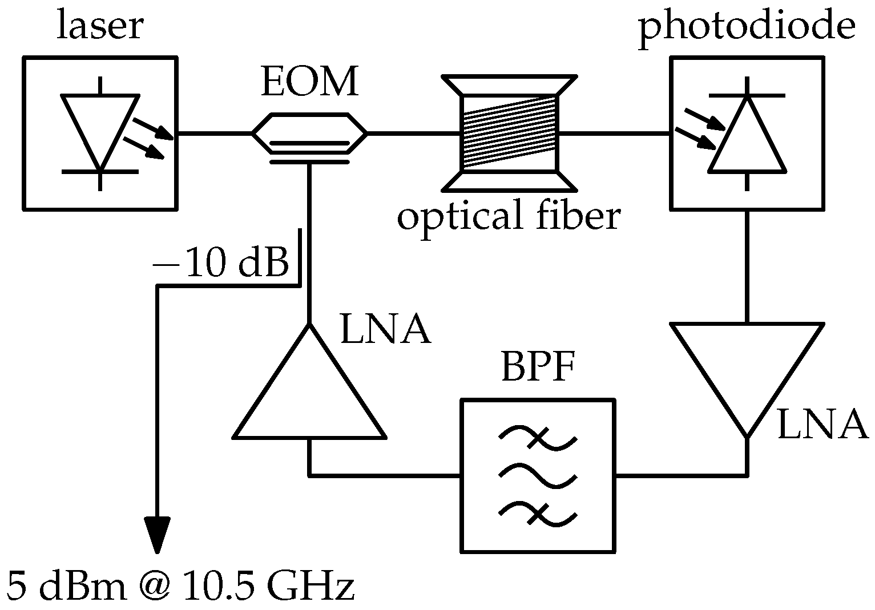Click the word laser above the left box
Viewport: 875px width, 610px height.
pos(99,27)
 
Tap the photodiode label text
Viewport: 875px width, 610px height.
pos(747,27)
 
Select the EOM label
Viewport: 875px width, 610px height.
pos(310,82)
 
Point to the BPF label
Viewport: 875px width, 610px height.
pos(538,369)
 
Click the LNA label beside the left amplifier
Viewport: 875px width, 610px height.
pos(385,330)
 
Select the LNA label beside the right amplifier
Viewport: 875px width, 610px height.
pos(822,426)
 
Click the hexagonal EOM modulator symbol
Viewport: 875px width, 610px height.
pos(309,133)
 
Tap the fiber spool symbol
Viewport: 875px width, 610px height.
pos(508,133)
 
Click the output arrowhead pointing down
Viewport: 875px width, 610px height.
pos(157,534)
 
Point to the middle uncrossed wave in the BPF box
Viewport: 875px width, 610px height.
pos(538,475)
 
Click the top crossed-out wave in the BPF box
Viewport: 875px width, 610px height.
pos(538,438)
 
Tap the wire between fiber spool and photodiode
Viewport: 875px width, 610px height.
pos(615,134)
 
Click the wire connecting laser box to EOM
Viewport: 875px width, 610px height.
pos(214,134)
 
